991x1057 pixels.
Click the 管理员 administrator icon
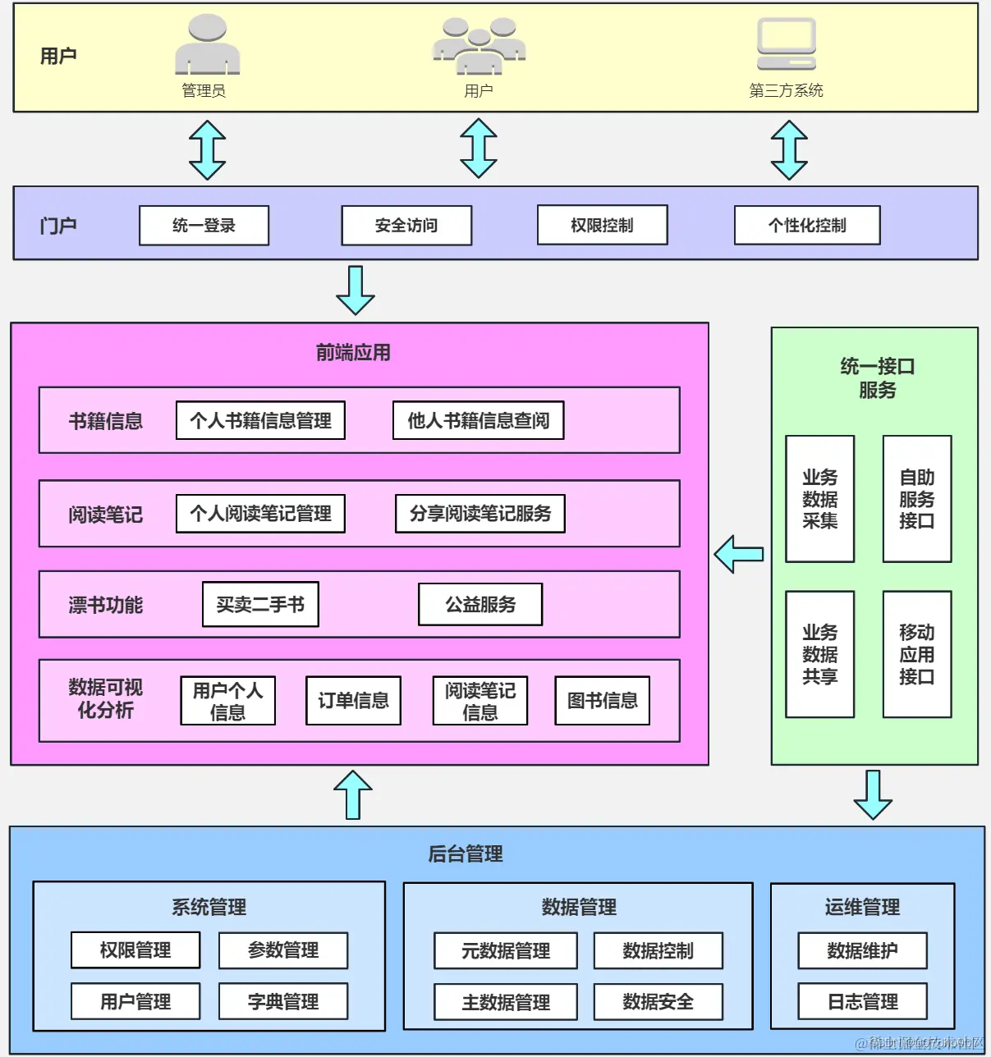pyautogui.click(x=207, y=45)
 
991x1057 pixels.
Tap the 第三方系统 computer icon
pyautogui.click(x=786, y=45)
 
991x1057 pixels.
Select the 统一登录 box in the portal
pyautogui.click(x=204, y=226)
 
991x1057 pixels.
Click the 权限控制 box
pyautogui.click(x=602, y=226)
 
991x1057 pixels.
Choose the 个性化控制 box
pyautogui.click(x=806, y=226)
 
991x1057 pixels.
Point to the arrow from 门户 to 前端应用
pyautogui.click(x=356, y=291)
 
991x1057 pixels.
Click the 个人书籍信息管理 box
pyautogui.click(x=260, y=421)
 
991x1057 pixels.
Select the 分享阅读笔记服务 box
pyautogui.click(x=479, y=514)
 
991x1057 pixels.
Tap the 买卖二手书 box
pyautogui.click(x=260, y=605)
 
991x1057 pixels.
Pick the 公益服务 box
pyautogui.click(x=479, y=605)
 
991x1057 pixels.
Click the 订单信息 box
pyautogui.click(x=353, y=701)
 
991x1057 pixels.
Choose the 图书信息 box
pyautogui.click(x=602, y=701)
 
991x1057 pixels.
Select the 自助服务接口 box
pyautogui.click(x=916, y=499)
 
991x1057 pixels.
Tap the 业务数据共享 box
pyautogui.click(x=819, y=655)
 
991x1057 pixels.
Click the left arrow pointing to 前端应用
pyautogui.click(x=739, y=555)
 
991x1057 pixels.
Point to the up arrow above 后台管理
pyautogui.click(x=353, y=794)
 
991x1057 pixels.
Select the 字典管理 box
pyautogui.click(x=282, y=1001)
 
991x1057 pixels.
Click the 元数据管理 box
pyautogui.click(x=505, y=951)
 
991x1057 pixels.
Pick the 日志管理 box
pyautogui.click(x=862, y=1001)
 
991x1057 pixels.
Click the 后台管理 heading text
pyautogui.click(x=465, y=854)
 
